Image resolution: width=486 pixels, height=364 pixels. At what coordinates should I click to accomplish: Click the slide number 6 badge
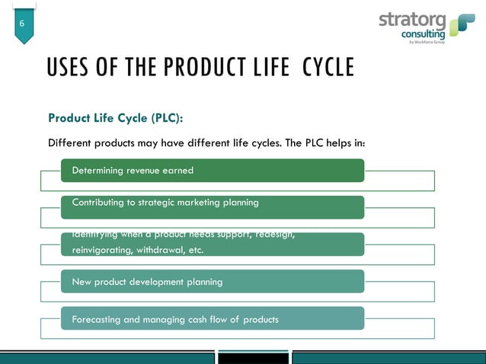tap(23, 25)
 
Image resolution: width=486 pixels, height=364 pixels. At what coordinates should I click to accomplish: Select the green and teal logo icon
tap(462, 25)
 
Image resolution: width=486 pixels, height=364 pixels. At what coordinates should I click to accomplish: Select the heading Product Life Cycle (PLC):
tap(116, 118)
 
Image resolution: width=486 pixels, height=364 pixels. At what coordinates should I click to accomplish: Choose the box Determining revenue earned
tap(213, 171)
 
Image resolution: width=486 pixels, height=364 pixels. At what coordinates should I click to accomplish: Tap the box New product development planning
tap(213, 282)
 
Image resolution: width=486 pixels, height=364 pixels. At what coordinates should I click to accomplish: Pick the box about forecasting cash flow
tap(213, 318)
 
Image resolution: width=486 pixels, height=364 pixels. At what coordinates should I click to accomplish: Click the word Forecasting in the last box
tap(96, 319)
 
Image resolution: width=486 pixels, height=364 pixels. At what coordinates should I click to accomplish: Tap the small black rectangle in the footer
tap(254, 357)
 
